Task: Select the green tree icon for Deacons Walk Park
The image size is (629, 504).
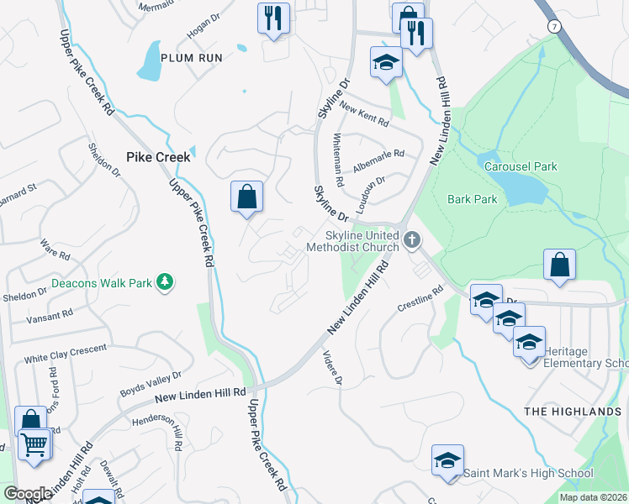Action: tap(166, 282)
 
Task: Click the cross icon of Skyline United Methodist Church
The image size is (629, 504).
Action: tap(412, 240)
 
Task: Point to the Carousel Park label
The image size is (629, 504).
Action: tap(521, 166)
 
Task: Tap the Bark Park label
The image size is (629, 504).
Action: tap(472, 199)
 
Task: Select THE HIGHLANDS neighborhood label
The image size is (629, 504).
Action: tap(572, 411)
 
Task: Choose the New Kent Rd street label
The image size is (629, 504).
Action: tap(364, 115)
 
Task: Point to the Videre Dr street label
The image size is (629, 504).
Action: tap(332, 369)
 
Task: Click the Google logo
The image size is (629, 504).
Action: tap(28, 494)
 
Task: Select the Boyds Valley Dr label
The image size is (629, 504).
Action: tap(151, 382)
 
